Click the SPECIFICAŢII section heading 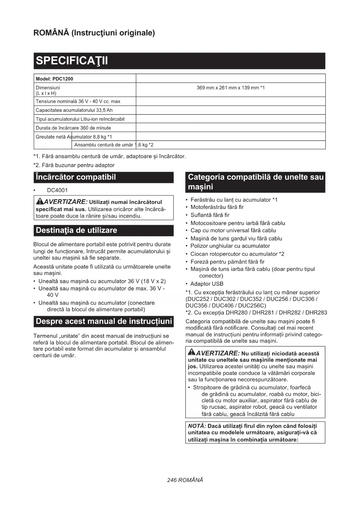[x=72, y=61]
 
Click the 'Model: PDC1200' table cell [x=54, y=79]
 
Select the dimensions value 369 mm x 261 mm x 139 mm [x=231, y=88]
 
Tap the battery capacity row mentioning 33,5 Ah [x=74, y=110]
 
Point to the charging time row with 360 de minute [x=73, y=128]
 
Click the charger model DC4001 [x=57, y=190]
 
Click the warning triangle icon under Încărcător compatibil [x=39, y=201]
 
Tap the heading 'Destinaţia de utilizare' [x=76, y=230]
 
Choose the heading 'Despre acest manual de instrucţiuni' [x=104, y=322]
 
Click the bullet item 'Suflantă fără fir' [x=210, y=215]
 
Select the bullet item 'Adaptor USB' [x=207, y=284]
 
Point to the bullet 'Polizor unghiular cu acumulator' [x=230, y=246]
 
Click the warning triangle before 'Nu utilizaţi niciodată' [x=192, y=352]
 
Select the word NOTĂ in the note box [x=197, y=426]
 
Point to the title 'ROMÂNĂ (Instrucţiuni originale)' [x=94, y=33]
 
